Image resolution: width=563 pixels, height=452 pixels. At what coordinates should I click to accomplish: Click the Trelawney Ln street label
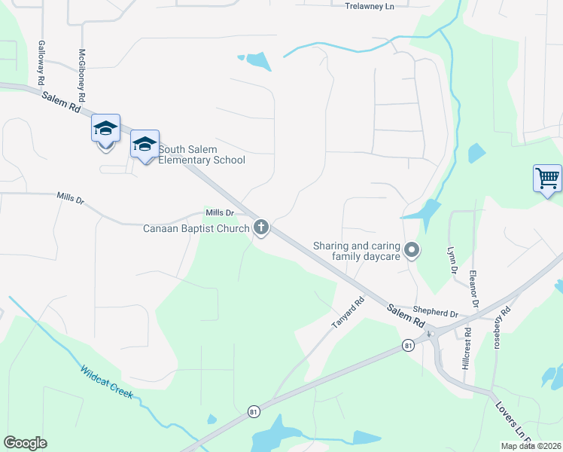(x=369, y=6)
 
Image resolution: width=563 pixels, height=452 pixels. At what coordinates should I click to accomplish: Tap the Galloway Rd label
(x=41, y=63)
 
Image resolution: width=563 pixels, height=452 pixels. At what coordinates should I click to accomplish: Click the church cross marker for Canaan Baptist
(x=261, y=226)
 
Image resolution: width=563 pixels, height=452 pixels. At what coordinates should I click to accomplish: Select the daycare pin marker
(x=412, y=249)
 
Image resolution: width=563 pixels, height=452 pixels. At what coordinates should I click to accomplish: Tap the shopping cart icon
(x=547, y=179)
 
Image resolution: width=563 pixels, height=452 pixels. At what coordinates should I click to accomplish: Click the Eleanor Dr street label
(x=474, y=289)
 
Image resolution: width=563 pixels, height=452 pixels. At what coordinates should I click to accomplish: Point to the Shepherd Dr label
(x=435, y=313)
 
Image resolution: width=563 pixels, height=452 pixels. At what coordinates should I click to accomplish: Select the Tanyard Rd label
(x=348, y=313)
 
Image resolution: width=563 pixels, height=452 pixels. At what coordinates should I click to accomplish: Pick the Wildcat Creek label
(x=106, y=382)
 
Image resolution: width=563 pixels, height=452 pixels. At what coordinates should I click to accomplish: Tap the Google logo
(x=26, y=442)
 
